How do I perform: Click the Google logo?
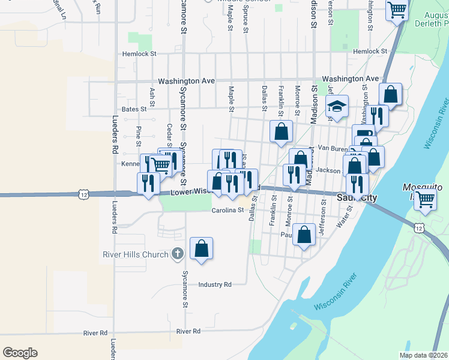coord(20,353)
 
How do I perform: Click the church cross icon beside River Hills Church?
coord(177,254)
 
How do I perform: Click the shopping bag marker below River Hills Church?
coord(202,248)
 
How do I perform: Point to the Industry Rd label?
coord(215,284)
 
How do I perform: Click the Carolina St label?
coord(228,211)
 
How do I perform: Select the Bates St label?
coord(134,109)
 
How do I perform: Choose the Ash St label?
coord(152,94)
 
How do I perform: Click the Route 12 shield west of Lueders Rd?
coord(83,194)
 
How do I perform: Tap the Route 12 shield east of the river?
coord(418,227)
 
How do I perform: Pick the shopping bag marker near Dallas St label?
coord(280,132)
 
